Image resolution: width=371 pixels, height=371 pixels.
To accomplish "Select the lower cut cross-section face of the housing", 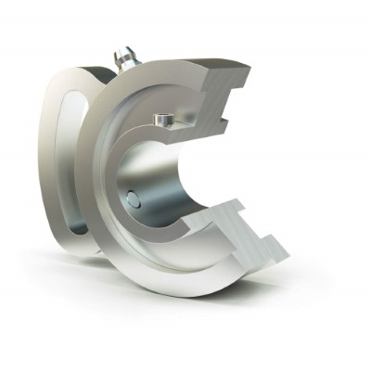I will coord(246,237).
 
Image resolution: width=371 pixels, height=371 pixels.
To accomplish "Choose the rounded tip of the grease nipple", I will coord(123,52).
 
